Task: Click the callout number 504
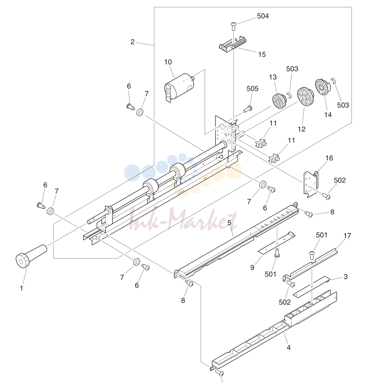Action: pos(263,16)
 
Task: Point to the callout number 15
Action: pos(262,54)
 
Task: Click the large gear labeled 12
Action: pos(305,96)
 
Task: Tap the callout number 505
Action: pos(252,88)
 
